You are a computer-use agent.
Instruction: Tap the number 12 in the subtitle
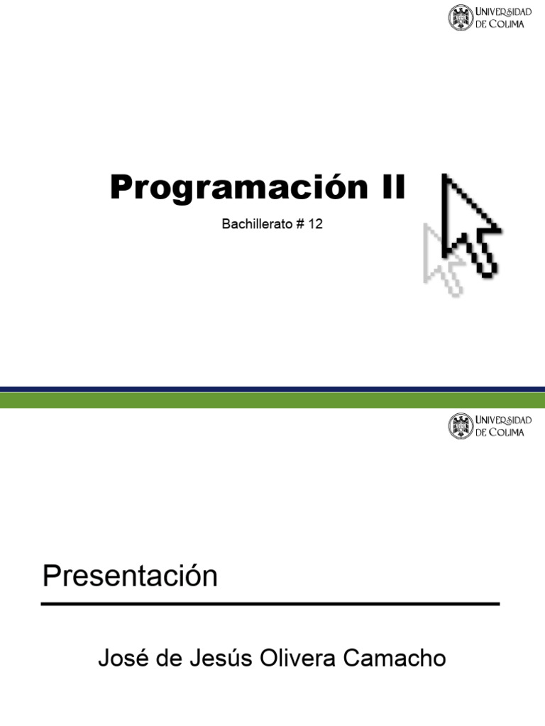click(316, 225)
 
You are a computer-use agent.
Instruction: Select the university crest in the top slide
click(460, 18)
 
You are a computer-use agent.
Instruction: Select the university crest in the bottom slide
click(460, 427)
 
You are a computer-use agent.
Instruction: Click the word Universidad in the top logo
click(502, 12)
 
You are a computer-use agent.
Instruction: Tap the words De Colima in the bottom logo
click(500, 432)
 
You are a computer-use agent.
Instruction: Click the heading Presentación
click(130, 576)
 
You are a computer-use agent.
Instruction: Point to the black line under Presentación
click(270, 604)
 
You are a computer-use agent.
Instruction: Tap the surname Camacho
click(395, 659)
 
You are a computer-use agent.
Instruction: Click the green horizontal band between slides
click(272, 401)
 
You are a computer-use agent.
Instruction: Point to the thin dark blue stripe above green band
click(272, 389)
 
